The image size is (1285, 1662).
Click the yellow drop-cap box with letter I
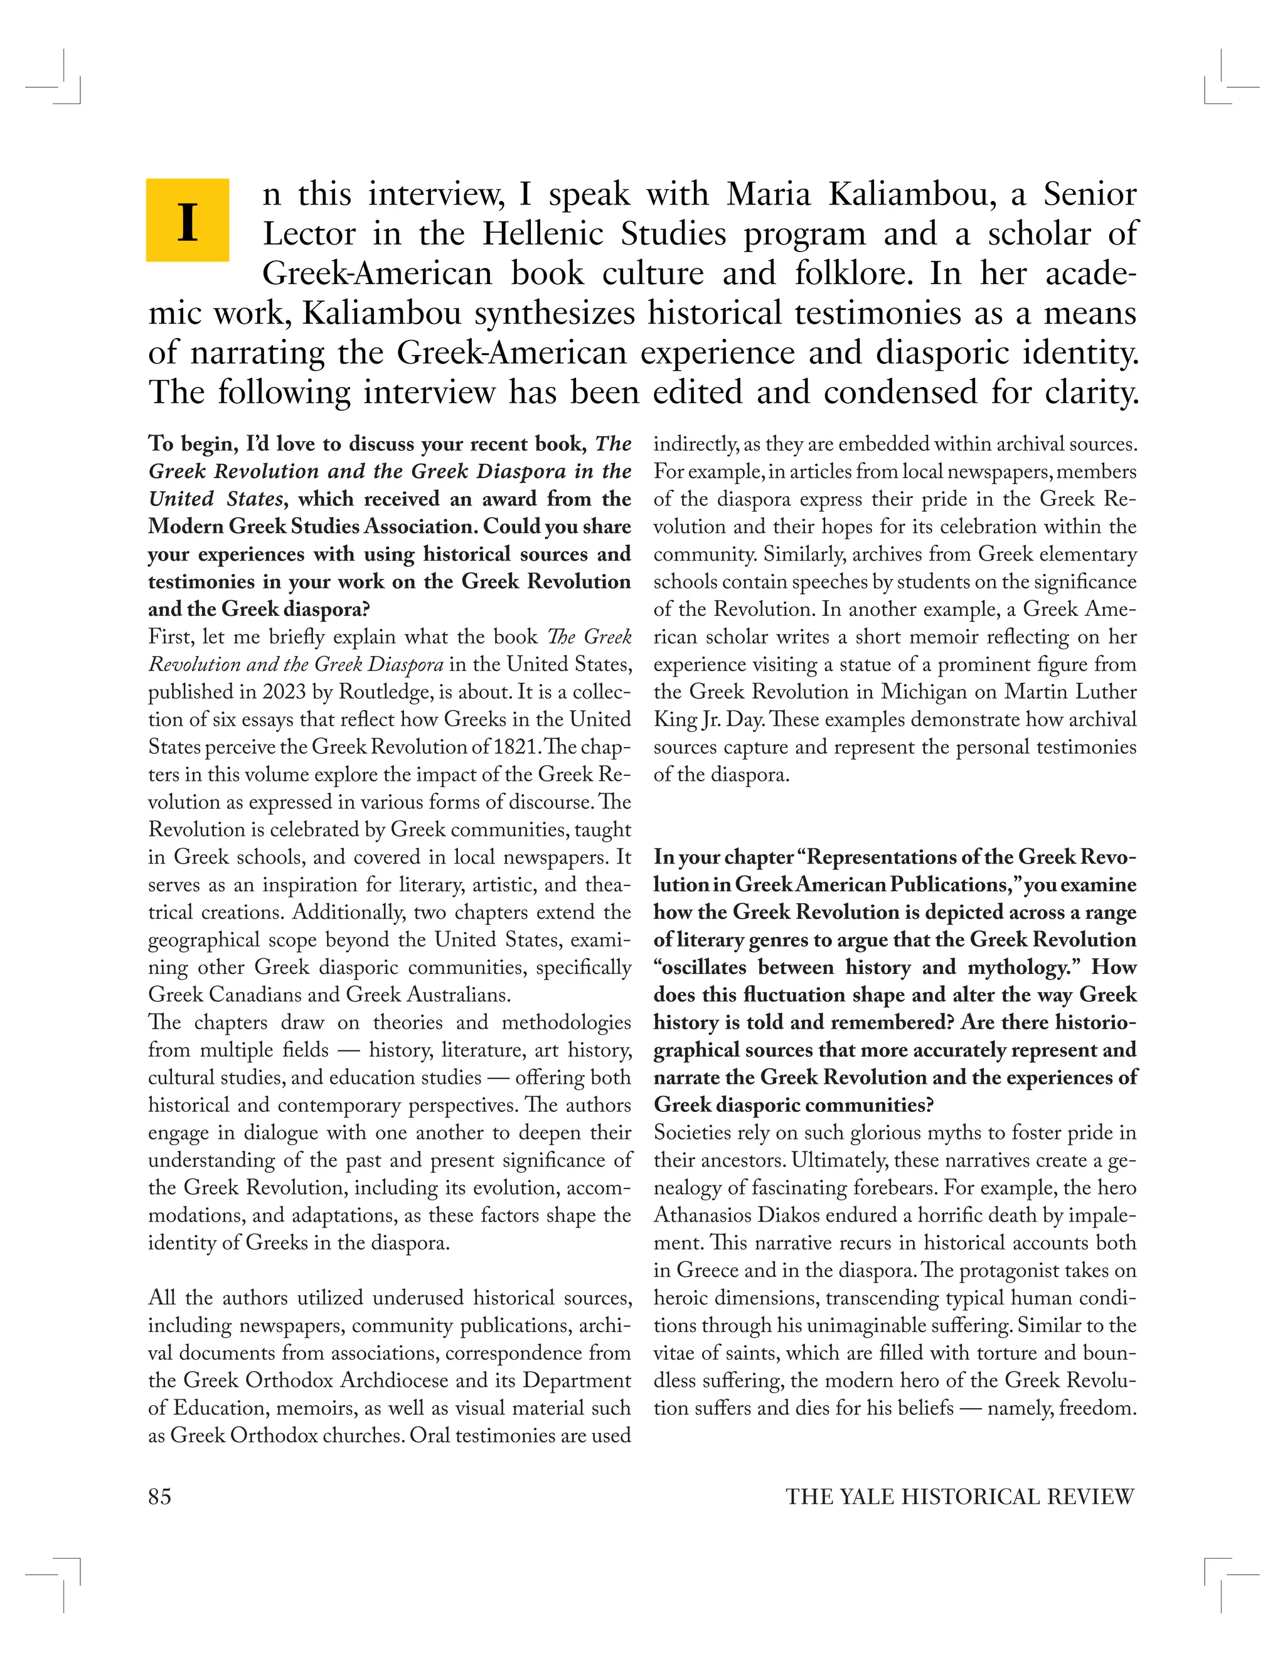pos(187,220)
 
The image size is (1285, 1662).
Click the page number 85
pos(160,1497)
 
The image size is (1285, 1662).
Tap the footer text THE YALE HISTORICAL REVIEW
pos(960,1497)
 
